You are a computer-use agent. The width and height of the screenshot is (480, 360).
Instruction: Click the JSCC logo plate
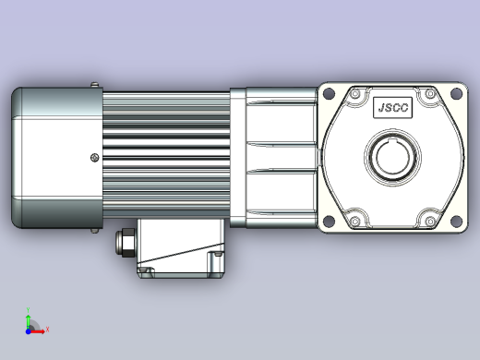392,107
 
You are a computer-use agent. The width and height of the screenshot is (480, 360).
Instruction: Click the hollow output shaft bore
392,157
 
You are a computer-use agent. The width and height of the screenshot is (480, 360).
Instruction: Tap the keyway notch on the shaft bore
392,141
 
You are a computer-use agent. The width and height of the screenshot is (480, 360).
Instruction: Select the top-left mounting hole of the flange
329,93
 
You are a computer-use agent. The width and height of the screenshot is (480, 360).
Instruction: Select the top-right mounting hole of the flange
456,93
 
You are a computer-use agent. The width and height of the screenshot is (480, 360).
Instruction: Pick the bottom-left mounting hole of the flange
329,221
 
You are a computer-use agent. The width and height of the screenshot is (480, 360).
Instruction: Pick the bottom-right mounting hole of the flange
456,221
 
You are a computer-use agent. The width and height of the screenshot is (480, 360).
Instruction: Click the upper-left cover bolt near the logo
355,93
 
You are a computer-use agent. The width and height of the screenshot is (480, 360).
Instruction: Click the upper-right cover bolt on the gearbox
430,93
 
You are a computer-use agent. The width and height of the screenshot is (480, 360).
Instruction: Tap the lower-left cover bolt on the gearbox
355,221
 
